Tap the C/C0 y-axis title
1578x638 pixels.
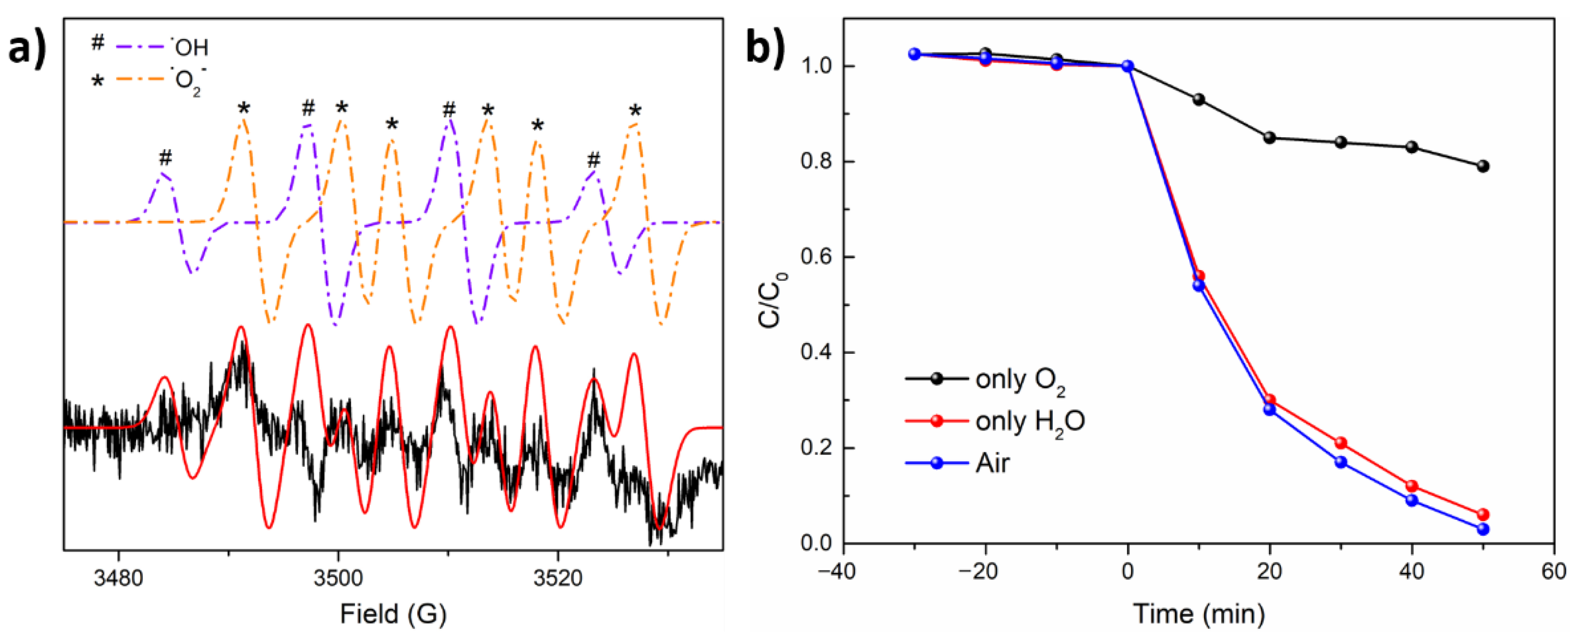coord(773,300)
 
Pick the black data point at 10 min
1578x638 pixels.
coord(1199,99)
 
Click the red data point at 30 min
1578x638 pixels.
coord(1341,442)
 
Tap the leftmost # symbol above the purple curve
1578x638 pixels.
coord(165,158)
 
